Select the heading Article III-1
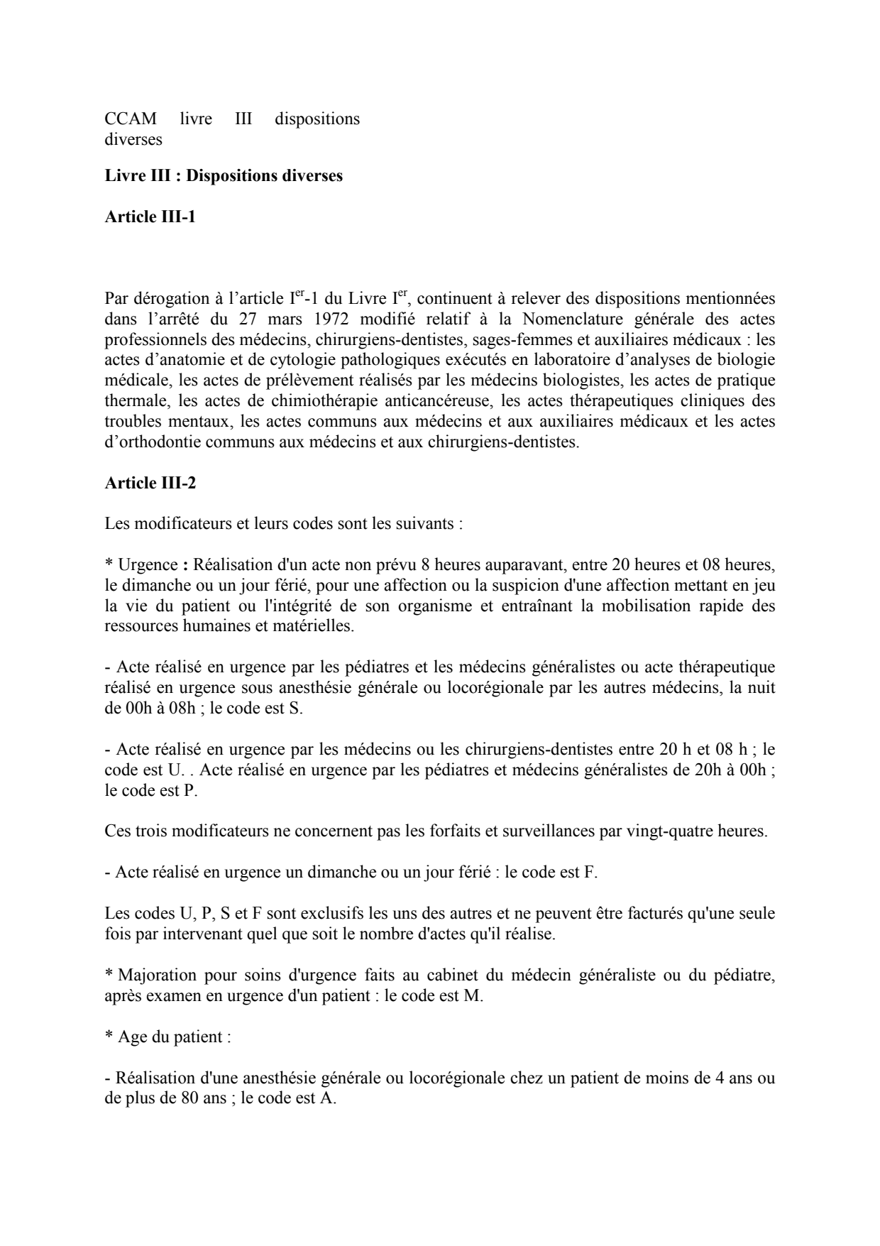point(150,217)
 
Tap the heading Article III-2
point(150,483)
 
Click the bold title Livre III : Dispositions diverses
point(224,175)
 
